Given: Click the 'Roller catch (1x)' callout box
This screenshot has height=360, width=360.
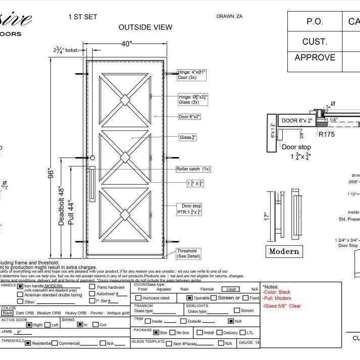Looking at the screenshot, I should coord(193,169).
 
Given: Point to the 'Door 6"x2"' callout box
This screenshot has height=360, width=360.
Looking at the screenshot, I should coord(189,117).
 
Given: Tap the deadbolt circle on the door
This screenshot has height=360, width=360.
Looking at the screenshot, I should coord(92,159).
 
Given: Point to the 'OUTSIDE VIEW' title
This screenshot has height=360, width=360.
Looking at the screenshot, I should coord(145,27).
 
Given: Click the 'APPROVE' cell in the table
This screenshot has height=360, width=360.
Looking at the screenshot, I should coord(315,58).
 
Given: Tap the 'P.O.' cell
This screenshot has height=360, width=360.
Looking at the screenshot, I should coord(315,22).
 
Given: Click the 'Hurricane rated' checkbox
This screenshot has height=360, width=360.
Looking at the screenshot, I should coord(138,298).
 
